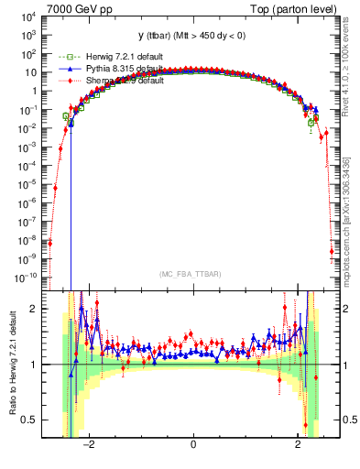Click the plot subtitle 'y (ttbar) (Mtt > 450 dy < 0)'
192,36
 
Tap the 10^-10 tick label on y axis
27,277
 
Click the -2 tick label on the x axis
89,444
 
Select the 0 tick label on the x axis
193,444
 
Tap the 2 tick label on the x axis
297,444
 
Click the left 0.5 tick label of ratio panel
29,420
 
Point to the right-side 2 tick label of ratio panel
348,310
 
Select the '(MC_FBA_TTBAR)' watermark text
192,274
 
